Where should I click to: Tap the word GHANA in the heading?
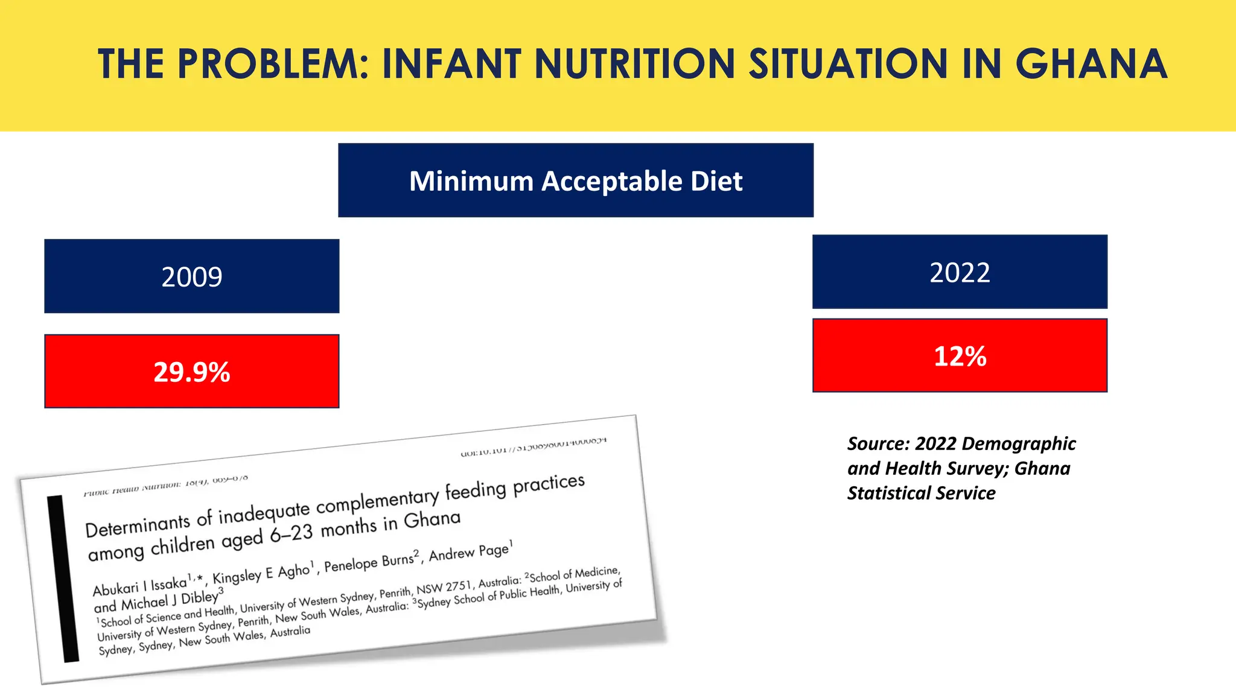pos(1091,64)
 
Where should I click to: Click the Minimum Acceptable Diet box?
pos(576,180)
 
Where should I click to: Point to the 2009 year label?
pos(192,277)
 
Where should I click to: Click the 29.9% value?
pos(192,372)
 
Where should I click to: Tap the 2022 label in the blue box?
pos(960,273)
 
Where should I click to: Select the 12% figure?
pos(960,356)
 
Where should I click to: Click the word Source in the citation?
pos(878,444)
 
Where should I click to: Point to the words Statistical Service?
pos(921,493)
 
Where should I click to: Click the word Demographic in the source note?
pos(1026,444)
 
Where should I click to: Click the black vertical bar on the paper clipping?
pos(63,579)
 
